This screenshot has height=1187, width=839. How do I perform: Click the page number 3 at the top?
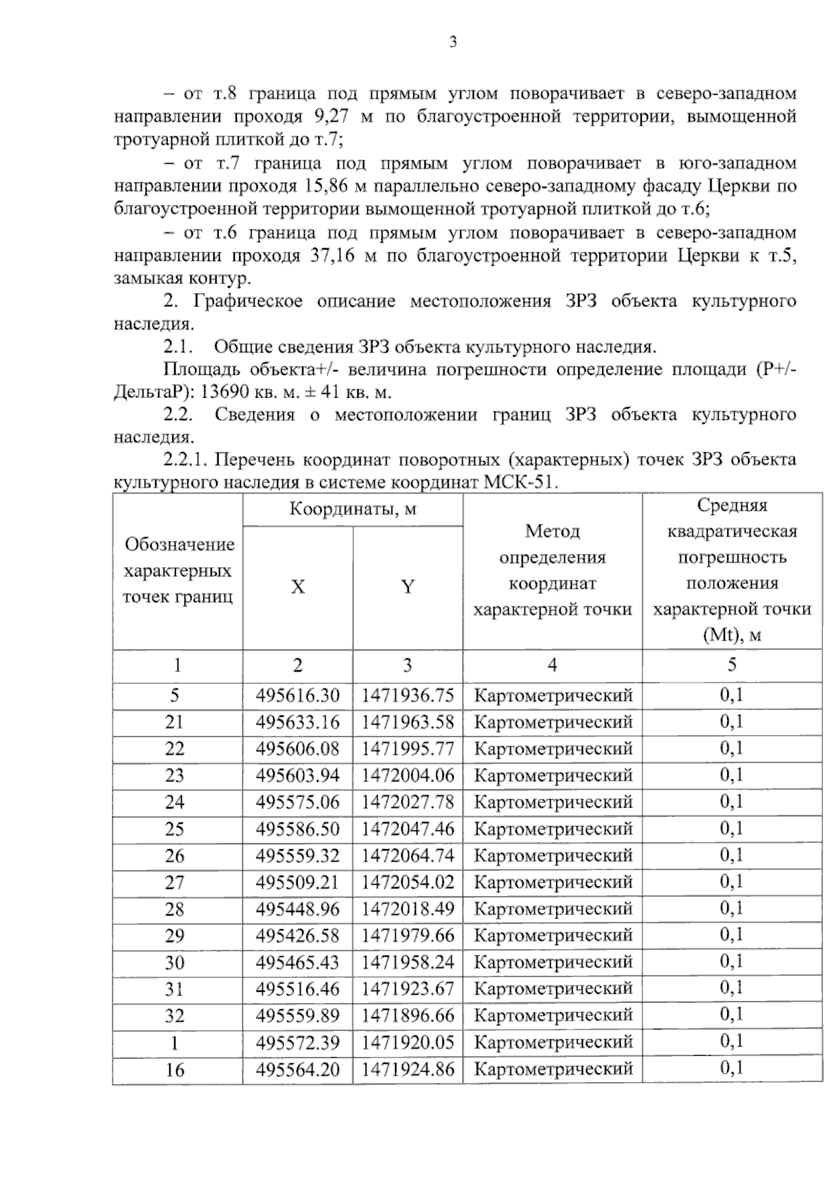point(453,43)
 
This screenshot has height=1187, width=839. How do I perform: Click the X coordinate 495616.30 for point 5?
point(297,695)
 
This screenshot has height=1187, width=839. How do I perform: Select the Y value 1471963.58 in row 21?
point(408,722)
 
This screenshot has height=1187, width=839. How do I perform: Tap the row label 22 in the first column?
point(174,748)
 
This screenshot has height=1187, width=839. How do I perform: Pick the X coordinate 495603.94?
point(297,775)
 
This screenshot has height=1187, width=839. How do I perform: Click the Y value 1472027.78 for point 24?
point(408,802)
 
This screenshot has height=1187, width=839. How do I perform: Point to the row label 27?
point(174,882)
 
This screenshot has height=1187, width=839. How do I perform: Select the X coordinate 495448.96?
point(297,909)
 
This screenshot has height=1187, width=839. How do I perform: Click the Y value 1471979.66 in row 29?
point(408,935)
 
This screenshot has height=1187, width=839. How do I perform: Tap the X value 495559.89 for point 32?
point(297,1015)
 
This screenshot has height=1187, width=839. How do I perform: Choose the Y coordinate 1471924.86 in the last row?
point(408,1069)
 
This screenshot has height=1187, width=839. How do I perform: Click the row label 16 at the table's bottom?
point(174,1069)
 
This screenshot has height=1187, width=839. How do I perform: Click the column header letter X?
point(298,587)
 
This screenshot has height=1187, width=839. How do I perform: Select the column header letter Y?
point(408,587)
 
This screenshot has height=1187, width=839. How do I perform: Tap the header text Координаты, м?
point(352,509)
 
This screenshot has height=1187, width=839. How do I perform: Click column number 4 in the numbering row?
point(552,665)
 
